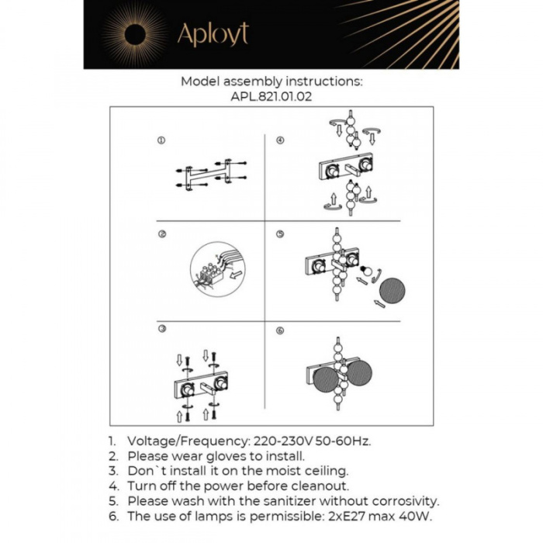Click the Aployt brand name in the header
[x=213, y=34]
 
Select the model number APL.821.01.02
[x=271, y=98]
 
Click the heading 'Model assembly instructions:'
[x=271, y=81]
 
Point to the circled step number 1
[x=161, y=141]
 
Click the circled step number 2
[x=161, y=234]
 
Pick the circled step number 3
[x=161, y=330]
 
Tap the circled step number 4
[x=280, y=141]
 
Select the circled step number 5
[x=280, y=234]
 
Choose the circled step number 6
[x=280, y=330]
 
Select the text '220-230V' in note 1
[x=278, y=441]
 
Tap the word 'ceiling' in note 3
[x=324, y=471]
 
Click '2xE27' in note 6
[x=344, y=517]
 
